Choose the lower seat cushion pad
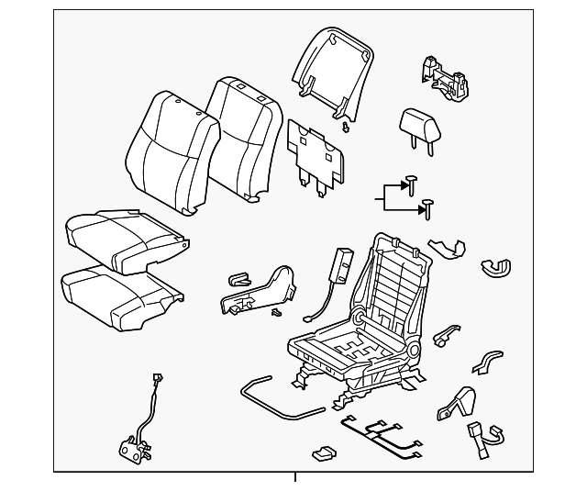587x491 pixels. point(119,296)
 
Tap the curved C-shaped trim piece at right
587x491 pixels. point(496,267)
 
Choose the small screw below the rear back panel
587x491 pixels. point(343,125)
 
